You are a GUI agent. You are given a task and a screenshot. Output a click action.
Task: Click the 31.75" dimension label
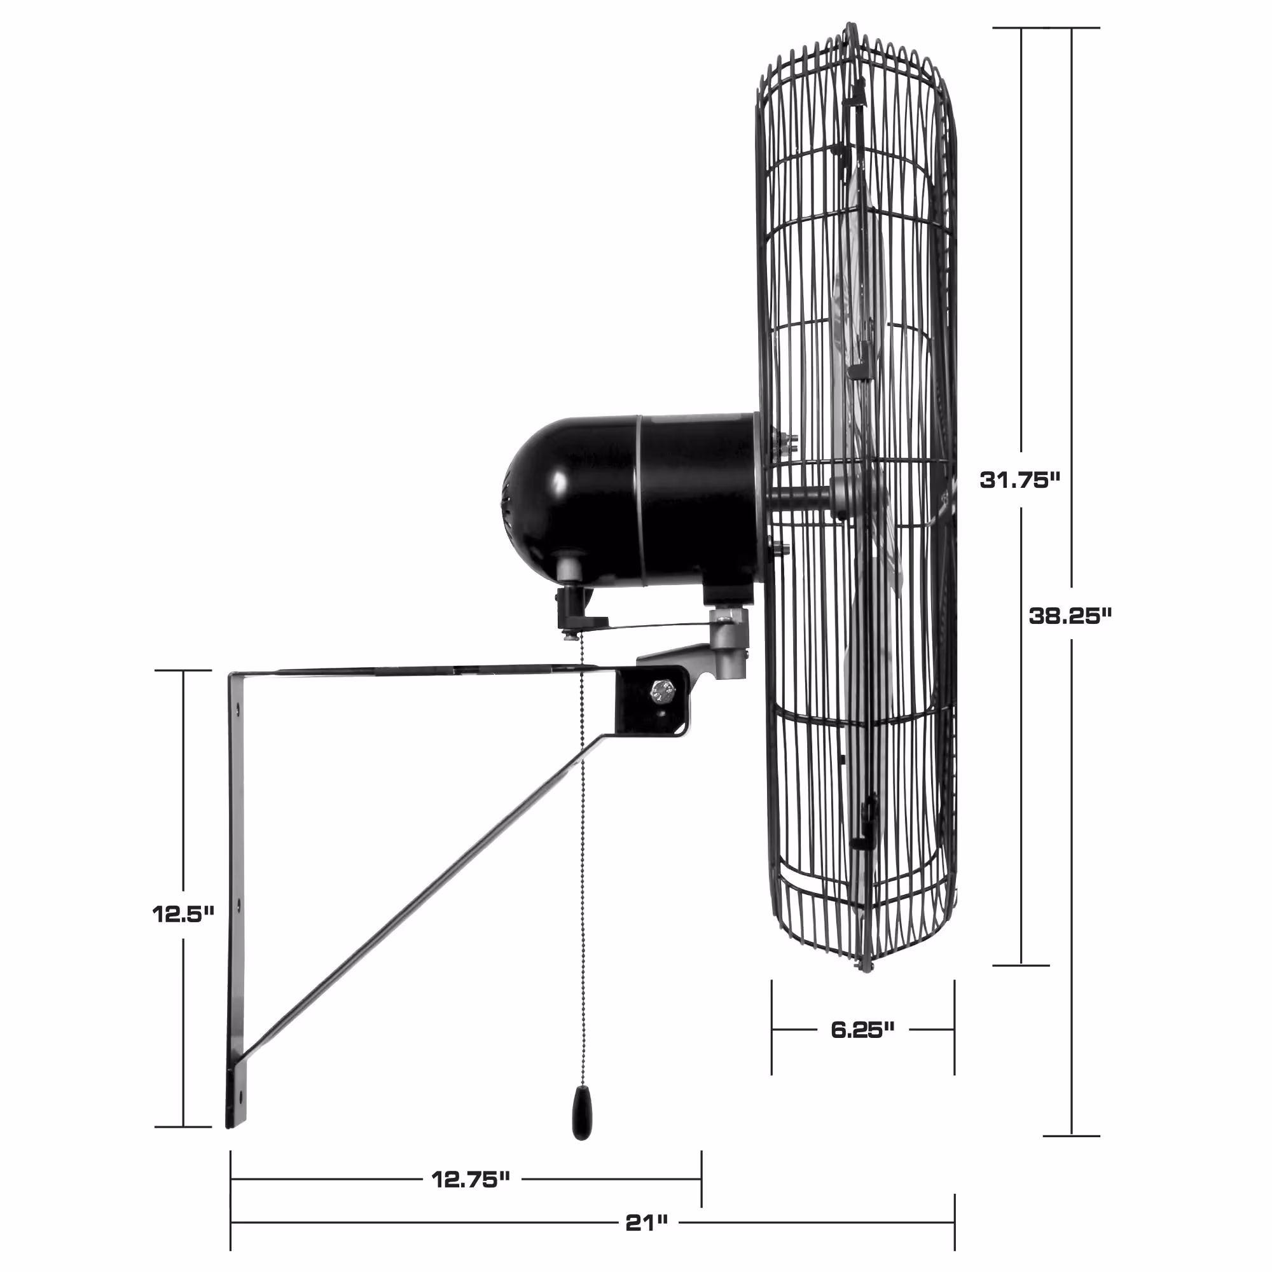(1020, 480)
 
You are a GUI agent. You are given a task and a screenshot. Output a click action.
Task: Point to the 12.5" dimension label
(183, 914)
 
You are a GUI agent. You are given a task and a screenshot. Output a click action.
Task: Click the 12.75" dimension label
(471, 1179)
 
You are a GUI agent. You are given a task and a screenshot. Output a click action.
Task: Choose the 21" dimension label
(647, 1223)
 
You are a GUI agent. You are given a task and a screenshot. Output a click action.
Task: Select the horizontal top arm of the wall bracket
(422, 671)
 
